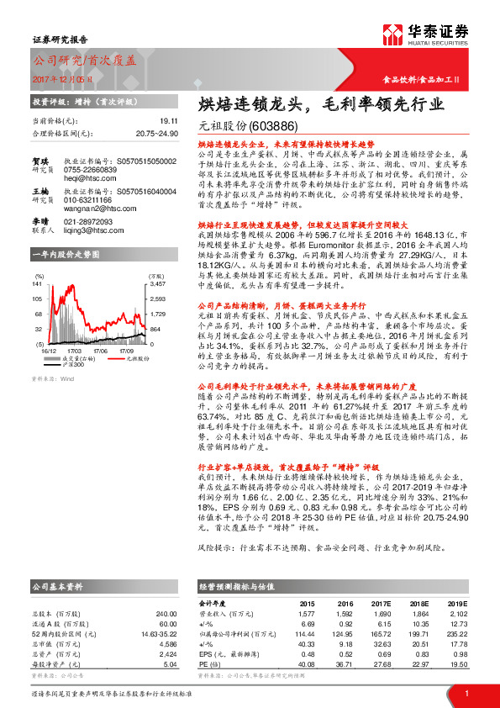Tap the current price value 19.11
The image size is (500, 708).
point(169,121)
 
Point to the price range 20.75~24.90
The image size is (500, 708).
point(156,133)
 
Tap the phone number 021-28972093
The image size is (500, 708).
point(91,220)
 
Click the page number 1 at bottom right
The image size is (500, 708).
point(466,692)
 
